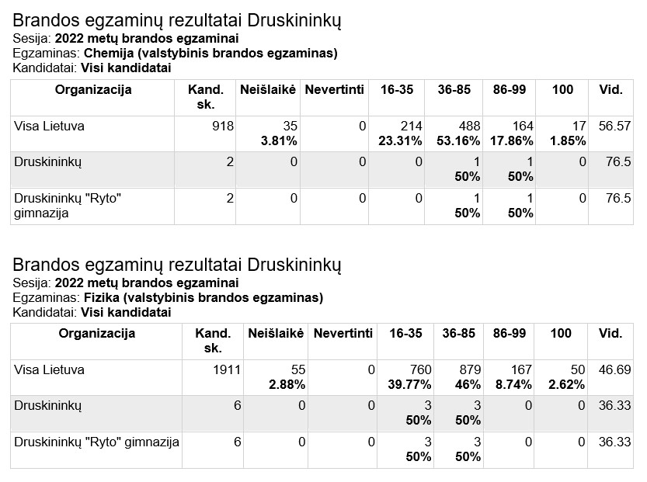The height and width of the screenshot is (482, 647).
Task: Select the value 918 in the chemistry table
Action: [223, 126]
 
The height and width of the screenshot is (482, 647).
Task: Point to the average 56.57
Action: [615, 126]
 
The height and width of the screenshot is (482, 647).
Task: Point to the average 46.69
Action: [615, 369]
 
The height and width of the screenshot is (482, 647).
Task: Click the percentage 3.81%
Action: [279, 141]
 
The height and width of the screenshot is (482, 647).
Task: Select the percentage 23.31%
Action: [400, 141]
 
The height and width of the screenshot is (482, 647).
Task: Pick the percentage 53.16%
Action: [458, 141]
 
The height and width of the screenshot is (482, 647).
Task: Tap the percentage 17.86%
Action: [512, 141]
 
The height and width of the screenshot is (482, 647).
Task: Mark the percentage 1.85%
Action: [568, 141]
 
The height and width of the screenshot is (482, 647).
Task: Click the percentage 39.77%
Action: [409, 385]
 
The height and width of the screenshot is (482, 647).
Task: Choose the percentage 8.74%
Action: [513, 385]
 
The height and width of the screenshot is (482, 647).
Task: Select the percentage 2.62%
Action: [566, 385]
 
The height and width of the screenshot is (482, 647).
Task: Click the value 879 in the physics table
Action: [471, 369]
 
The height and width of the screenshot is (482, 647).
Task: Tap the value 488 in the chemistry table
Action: [470, 126]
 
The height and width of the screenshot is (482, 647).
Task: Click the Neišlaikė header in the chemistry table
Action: [268, 89]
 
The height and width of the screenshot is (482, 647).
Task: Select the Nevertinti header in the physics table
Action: [343, 333]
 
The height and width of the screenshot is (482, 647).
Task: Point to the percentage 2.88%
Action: [287, 385]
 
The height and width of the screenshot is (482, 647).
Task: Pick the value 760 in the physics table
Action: [420, 369]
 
